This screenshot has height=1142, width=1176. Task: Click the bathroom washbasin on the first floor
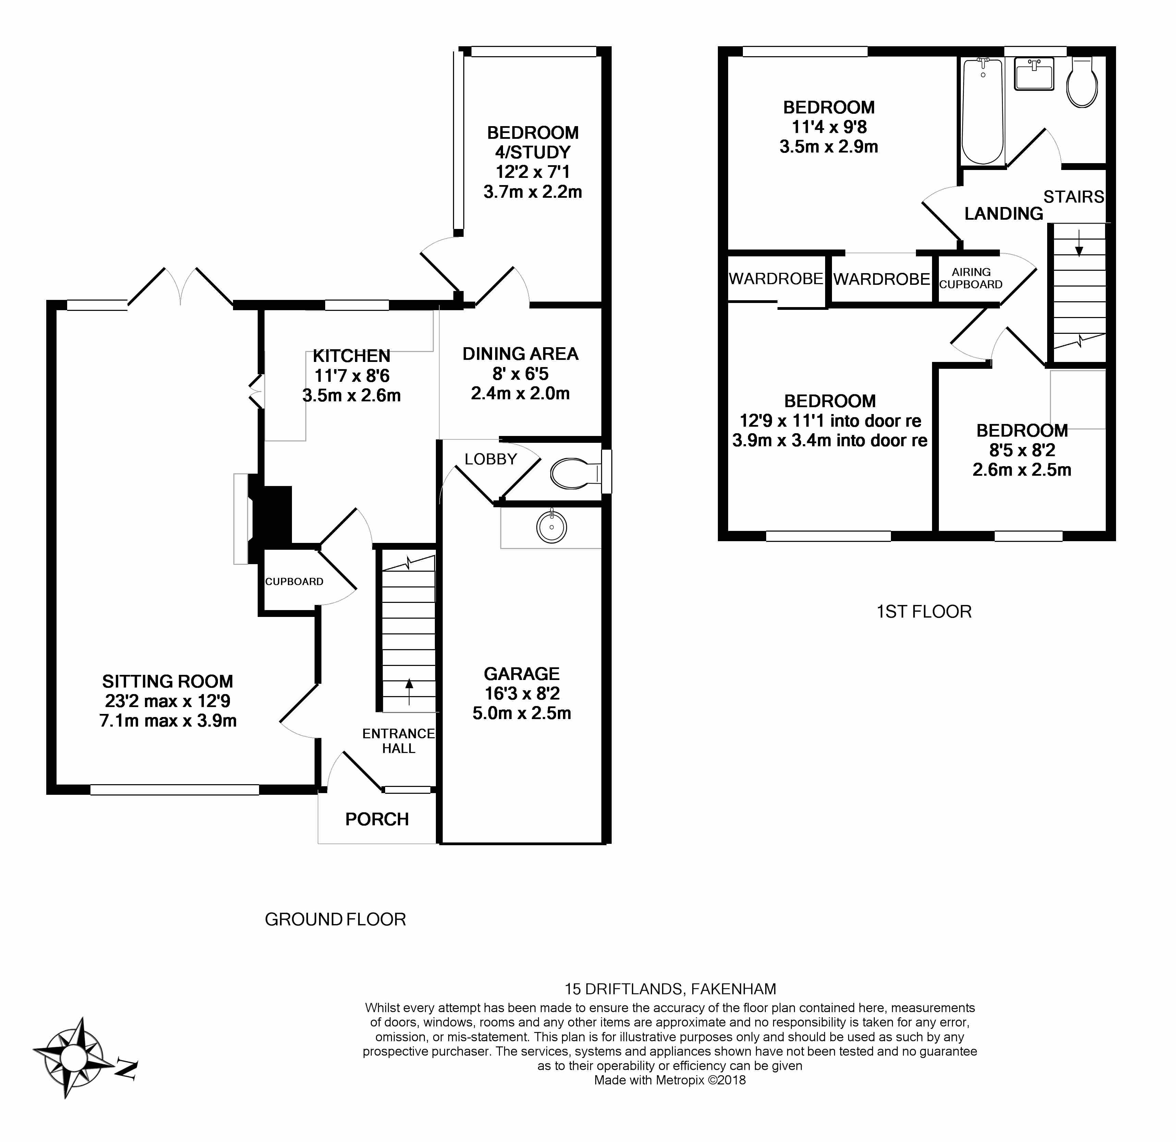[1034, 74]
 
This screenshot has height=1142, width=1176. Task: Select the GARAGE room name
[522, 674]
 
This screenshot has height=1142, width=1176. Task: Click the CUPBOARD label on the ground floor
[294, 582]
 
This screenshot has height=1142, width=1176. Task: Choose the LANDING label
[1003, 214]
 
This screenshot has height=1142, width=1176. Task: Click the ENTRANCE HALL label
[399, 741]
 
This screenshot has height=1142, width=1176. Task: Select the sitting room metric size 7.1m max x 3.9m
[168, 721]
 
